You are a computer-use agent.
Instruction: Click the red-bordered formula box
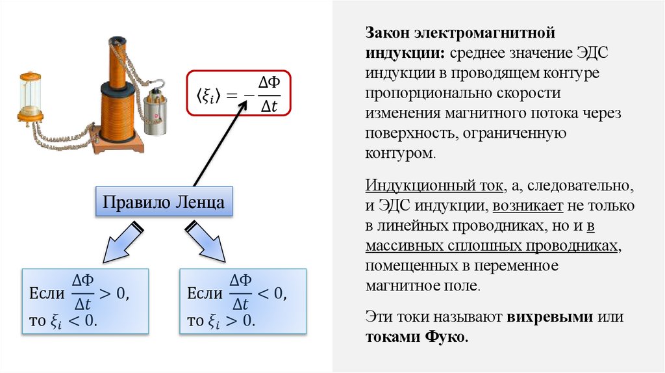[x=238, y=93]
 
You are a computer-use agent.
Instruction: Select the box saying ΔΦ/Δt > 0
[x=85, y=300]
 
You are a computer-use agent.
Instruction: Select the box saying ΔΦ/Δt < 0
[x=242, y=300]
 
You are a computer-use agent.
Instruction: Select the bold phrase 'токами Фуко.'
[x=416, y=337]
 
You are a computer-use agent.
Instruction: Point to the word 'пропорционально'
[x=422, y=92]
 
